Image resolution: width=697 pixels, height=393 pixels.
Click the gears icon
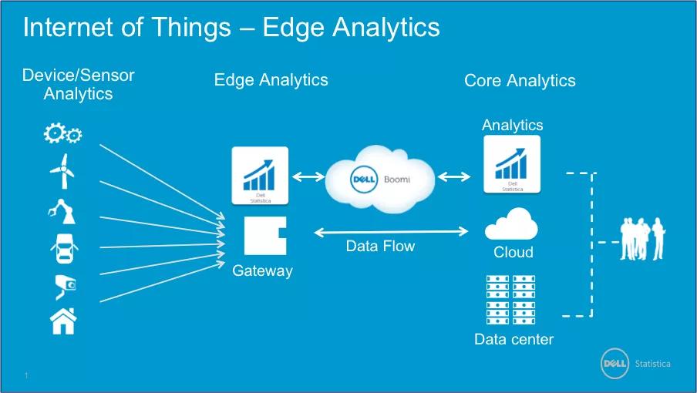click(x=62, y=135)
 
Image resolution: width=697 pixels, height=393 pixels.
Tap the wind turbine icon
click(x=62, y=171)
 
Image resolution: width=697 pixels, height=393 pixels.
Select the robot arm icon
click(x=62, y=210)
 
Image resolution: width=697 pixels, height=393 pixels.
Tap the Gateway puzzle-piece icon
click(x=264, y=236)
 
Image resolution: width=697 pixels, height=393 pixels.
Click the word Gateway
click(x=262, y=270)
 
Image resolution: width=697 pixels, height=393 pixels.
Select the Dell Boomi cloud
click(x=378, y=179)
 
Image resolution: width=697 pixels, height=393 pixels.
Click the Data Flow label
click(x=380, y=247)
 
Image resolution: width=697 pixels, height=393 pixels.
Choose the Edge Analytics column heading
click(x=271, y=79)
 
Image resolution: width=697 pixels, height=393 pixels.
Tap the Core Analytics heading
click(x=520, y=80)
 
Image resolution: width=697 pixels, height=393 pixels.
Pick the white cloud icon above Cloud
click(x=511, y=224)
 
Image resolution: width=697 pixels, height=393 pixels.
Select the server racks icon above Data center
click(x=513, y=301)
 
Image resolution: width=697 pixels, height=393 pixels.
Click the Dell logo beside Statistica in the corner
click(x=617, y=364)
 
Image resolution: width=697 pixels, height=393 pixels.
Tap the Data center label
click(x=513, y=339)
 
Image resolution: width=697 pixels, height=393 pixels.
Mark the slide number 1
click(x=26, y=375)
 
